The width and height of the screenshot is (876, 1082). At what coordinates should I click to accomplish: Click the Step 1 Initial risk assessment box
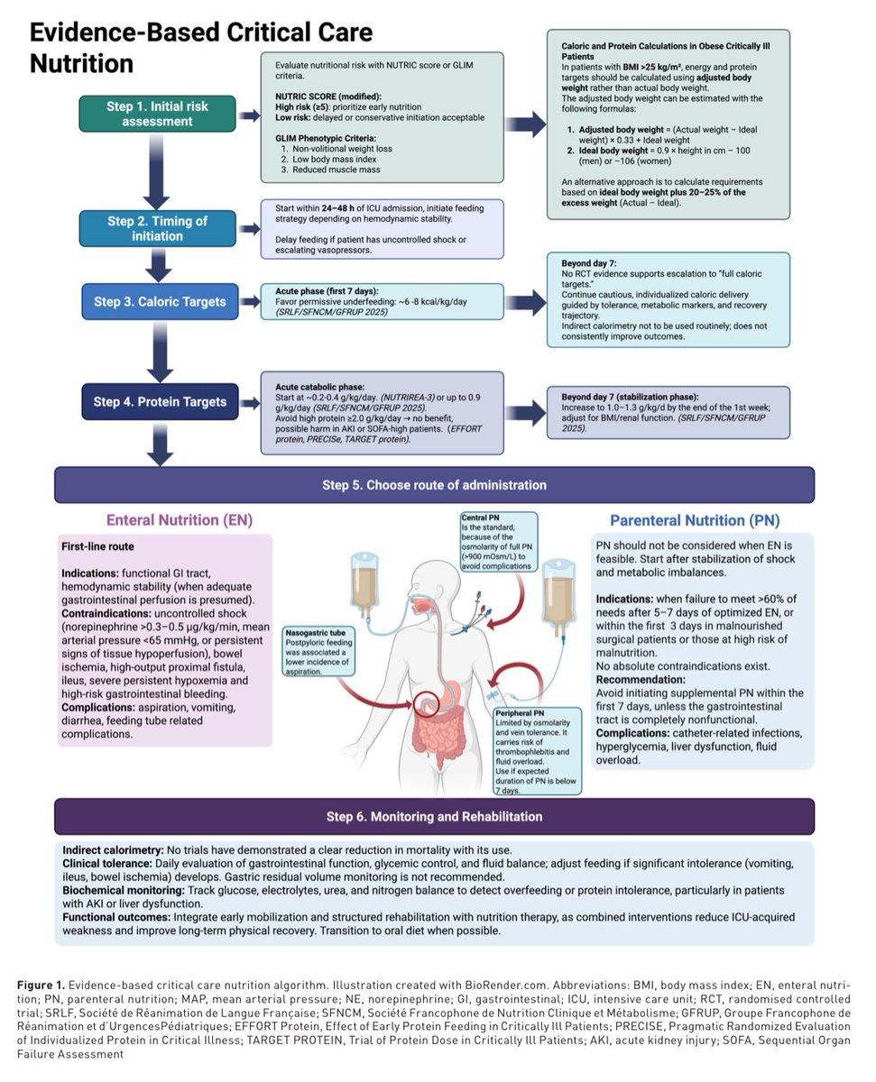(157, 114)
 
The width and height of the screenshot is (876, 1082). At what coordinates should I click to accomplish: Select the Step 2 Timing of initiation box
(157, 228)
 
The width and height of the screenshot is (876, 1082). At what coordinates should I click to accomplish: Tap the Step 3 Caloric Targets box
(160, 301)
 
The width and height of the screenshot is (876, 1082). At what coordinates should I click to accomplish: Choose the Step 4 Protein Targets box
(160, 401)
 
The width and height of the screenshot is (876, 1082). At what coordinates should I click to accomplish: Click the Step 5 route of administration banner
(434, 484)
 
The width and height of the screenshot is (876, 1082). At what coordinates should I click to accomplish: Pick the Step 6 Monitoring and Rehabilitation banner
(434, 816)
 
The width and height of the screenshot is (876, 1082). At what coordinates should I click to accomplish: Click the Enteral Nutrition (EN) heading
(180, 520)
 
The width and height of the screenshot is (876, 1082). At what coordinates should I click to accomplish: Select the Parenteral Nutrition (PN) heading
(695, 520)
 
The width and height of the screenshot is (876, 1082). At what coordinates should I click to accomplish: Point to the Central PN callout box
(499, 542)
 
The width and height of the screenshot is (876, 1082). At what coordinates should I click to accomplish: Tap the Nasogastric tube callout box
(318, 651)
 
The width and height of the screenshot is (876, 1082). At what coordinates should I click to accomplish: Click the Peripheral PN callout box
(538, 751)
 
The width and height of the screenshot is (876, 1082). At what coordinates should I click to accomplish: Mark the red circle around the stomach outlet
(425, 703)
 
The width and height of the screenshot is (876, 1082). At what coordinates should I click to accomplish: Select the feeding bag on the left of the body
(364, 585)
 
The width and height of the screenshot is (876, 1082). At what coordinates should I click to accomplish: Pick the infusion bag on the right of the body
(558, 598)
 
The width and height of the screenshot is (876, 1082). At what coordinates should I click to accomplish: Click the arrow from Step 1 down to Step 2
(156, 171)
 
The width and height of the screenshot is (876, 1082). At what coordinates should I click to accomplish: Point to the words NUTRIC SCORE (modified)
(327, 96)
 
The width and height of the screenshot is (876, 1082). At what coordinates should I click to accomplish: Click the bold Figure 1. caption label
(41, 985)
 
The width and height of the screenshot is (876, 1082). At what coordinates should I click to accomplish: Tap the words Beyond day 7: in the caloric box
(588, 263)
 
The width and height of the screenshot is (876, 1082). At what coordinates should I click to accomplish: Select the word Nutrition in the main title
(81, 64)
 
